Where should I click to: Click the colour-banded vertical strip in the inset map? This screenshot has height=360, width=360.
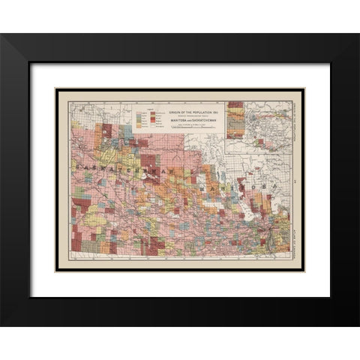click(x=234, y=120)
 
